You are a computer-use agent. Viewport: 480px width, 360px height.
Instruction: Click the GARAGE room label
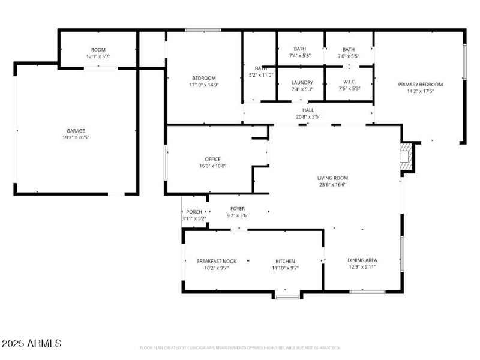[76, 130]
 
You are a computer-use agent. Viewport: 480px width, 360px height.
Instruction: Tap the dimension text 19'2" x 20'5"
[76, 137]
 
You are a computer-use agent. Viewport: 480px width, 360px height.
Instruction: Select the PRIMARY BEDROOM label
[420, 85]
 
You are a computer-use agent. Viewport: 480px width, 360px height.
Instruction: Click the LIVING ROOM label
[332, 178]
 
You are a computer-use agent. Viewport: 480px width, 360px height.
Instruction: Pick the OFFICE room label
[212, 159]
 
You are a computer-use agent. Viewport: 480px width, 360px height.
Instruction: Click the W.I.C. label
[349, 82]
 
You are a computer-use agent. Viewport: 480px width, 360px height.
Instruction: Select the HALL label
[308, 110]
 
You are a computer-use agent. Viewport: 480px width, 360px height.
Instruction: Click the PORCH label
[194, 212]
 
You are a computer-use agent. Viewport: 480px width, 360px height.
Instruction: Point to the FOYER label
[238, 208]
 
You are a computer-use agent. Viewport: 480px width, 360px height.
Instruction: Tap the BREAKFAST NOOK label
[217, 261]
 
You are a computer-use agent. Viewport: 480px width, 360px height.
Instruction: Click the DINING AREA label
[362, 260]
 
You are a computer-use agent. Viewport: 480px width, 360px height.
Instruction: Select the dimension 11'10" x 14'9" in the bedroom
[204, 85]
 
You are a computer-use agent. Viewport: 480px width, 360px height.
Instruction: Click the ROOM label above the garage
[98, 49]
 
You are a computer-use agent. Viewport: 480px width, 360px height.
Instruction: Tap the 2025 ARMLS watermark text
[31, 344]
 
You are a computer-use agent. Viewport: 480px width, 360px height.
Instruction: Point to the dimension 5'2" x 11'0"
[260, 75]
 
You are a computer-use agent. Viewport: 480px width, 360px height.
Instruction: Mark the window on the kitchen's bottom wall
[287, 296]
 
